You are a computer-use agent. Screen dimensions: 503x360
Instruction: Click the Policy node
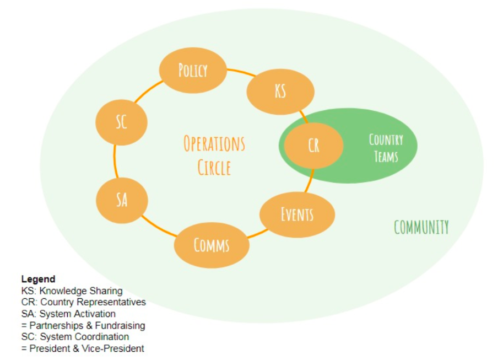(x=193, y=71)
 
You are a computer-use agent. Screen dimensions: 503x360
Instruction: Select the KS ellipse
(x=280, y=92)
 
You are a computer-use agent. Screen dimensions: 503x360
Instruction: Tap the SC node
(x=122, y=122)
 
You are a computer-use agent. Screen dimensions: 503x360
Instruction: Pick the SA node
(x=122, y=200)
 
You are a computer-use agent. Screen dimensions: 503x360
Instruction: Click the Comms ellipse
(x=212, y=245)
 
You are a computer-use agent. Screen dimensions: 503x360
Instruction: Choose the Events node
(x=297, y=214)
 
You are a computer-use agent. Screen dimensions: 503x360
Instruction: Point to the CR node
(x=313, y=146)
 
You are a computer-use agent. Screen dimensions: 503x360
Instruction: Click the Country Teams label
(x=386, y=148)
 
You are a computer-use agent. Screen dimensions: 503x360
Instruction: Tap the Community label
(x=421, y=227)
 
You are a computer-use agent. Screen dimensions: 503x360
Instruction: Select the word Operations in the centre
(x=214, y=143)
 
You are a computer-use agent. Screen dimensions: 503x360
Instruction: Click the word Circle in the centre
(x=214, y=168)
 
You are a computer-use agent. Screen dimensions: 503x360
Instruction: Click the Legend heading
(x=38, y=279)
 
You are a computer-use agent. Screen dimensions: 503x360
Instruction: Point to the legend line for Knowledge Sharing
(x=72, y=291)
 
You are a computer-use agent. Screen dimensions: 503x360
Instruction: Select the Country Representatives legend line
(x=83, y=302)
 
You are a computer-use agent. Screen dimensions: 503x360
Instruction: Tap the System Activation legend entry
(x=68, y=314)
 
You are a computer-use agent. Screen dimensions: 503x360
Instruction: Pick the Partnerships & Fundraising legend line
(x=83, y=325)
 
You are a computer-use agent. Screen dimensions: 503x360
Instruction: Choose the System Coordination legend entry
(x=75, y=337)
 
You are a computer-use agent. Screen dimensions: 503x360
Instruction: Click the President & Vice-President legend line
(x=83, y=348)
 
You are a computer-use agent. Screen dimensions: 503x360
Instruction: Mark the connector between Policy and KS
(x=241, y=72)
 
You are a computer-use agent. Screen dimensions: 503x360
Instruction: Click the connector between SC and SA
(x=115, y=161)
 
